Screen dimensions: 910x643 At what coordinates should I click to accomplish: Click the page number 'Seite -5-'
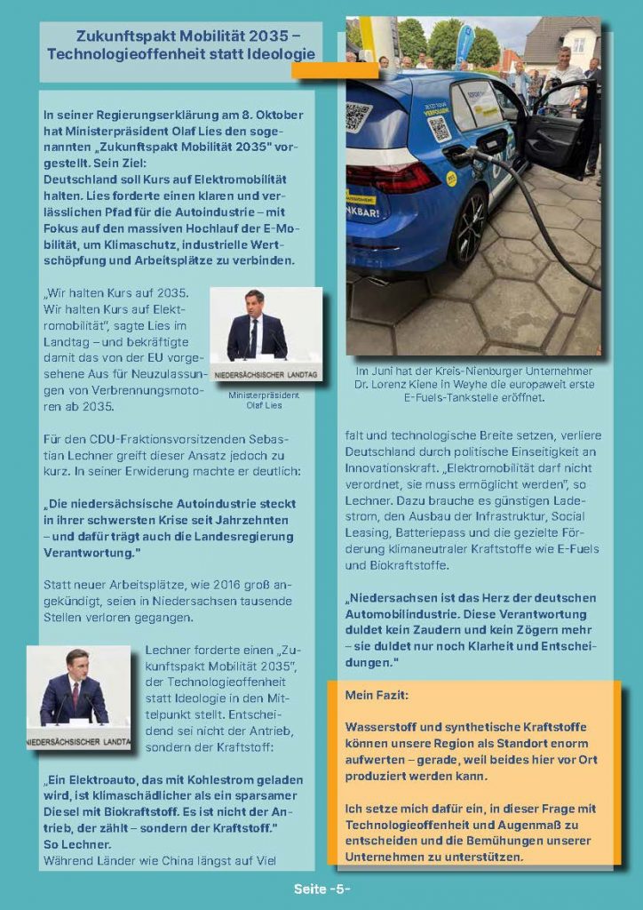click(321, 889)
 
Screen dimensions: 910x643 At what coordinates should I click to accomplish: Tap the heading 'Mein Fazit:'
click(377, 694)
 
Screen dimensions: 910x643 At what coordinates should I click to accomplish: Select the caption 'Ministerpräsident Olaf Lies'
click(264, 400)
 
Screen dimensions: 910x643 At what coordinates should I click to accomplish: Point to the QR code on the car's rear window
click(358, 116)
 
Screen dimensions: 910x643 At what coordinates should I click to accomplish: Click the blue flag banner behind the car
click(464, 44)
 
